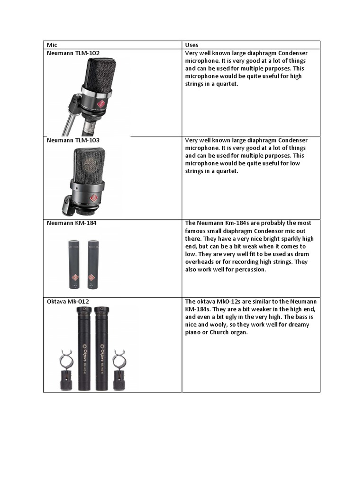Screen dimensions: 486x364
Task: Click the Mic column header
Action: pyautogui.click(x=51, y=45)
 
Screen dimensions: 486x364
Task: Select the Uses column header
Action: pyautogui.click(x=192, y=45)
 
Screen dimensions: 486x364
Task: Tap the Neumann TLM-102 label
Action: pyautogui.click(x=73, y=53)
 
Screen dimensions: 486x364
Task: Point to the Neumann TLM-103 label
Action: pyautogui.click(x=73, y=140)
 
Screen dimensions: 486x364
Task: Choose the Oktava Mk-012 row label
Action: pyautogui.click(x=68, y=301)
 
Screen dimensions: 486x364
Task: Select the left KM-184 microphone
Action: pyautogui.click(x=74, y=264)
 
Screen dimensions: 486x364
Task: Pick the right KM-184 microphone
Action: pyautogui.click(x=92, y=264)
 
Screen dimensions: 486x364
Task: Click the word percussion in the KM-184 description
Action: pyautogui.click(x=251, y=270)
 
